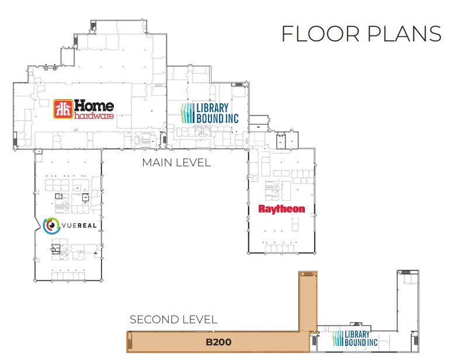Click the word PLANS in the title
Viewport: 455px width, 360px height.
tap(405, 34)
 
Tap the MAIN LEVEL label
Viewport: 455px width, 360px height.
tap(176, 163)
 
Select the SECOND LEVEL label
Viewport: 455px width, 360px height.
tap(173, 319)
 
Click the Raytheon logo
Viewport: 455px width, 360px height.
tap(282, 208)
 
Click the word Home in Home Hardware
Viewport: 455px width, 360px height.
tap(94, 106)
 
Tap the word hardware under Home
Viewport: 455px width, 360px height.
tap(94, 116)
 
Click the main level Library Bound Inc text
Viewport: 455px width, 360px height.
tap(217, 113)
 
